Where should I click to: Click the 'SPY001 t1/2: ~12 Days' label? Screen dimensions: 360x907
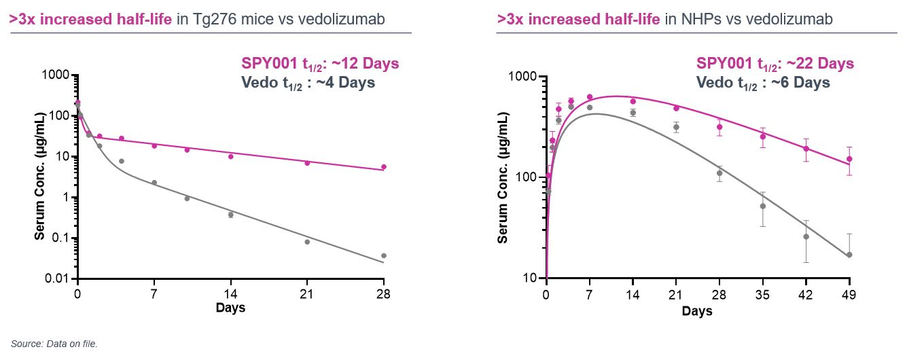320,64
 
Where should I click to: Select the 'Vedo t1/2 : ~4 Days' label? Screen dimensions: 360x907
308,82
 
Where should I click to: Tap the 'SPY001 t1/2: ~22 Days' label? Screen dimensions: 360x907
775,64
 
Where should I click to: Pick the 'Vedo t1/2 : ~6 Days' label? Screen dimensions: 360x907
763,82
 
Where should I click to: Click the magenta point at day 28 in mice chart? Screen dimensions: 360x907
384,166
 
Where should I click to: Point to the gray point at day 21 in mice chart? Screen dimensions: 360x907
307,242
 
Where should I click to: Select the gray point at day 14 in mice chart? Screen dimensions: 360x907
231,215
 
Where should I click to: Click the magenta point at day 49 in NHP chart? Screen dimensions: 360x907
849,159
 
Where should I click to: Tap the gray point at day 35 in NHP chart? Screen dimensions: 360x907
763,206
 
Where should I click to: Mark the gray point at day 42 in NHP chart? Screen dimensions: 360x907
806,236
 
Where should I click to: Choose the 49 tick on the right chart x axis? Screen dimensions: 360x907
849,295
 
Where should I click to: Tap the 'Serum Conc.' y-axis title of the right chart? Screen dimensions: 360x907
503,178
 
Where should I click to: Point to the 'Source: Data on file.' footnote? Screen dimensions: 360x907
54,344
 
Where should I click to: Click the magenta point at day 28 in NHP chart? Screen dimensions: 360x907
719,127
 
